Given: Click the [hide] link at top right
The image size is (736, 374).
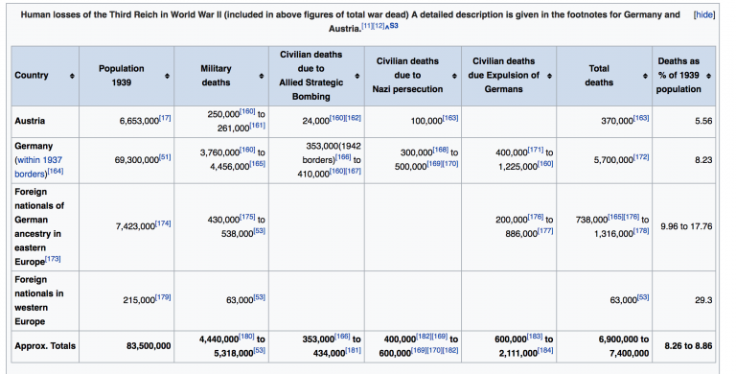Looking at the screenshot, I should pyautogui.click(x=703, y=16).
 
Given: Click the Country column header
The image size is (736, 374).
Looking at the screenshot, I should pyautogui.click(x=33, y=76).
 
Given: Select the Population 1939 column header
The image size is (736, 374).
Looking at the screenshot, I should pyautogui.click(x=121, y=76).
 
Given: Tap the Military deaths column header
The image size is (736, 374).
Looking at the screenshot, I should pyautogui.click(x=216, y=76).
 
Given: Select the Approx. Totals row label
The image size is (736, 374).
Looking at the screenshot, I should pyautogui.click(x=45, y=345).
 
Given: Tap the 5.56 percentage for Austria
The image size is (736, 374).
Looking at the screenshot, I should pyautogui.click(x=703, y=121).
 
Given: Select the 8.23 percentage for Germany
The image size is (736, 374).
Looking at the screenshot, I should pyautogui.click(x=703, y=159).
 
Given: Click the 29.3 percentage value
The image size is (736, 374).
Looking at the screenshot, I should pyautogui.click(x=703, y=300).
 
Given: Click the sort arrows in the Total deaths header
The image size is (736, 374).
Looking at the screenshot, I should pyautogui.click(x=644, y=76).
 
